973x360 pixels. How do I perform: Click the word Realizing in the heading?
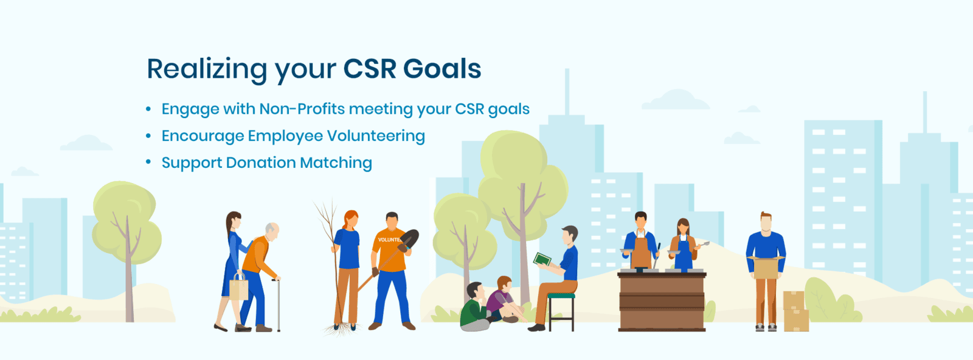coord(207,69)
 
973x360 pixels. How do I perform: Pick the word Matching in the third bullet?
coord(336,163)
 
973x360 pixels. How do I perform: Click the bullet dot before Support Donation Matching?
coord(148,162)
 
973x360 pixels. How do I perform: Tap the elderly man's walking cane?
coord(277,304)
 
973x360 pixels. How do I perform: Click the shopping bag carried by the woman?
coord(238,287)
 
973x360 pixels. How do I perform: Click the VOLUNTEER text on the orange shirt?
coord(389,239)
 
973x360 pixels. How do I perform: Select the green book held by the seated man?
coord(542,260)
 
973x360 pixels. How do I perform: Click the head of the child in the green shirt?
coord(475,291)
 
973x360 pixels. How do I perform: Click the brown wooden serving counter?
coord(662,302)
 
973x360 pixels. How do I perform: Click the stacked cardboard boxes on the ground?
coord(796,311)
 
